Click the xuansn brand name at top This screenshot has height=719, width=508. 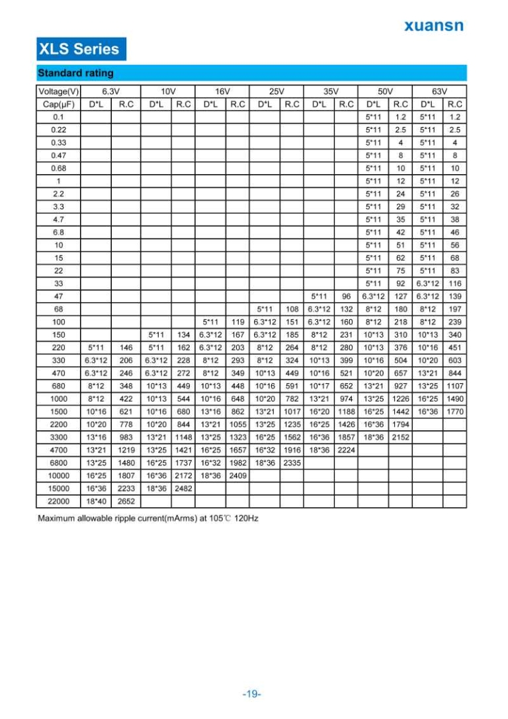pos(433,26)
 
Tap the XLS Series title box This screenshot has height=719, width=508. pos(79,48)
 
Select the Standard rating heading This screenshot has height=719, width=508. pos(75,73)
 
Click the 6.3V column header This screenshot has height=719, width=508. pos(110,91)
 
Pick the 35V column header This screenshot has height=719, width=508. pos(331,91)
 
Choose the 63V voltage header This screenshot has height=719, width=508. pos(440,91)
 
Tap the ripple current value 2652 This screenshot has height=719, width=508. pos(126,501)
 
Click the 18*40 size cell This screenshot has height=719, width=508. pos(96,501)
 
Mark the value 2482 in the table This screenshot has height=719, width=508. pos(183,489)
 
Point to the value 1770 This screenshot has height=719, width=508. pos(454,411)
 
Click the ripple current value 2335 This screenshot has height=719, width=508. pos(292,463)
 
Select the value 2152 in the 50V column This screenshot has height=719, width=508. pos(400,437)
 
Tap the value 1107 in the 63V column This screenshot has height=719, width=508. pos(454,386)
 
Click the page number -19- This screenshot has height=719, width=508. pos(252,694)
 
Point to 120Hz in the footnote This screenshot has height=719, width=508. pos(246,518)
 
